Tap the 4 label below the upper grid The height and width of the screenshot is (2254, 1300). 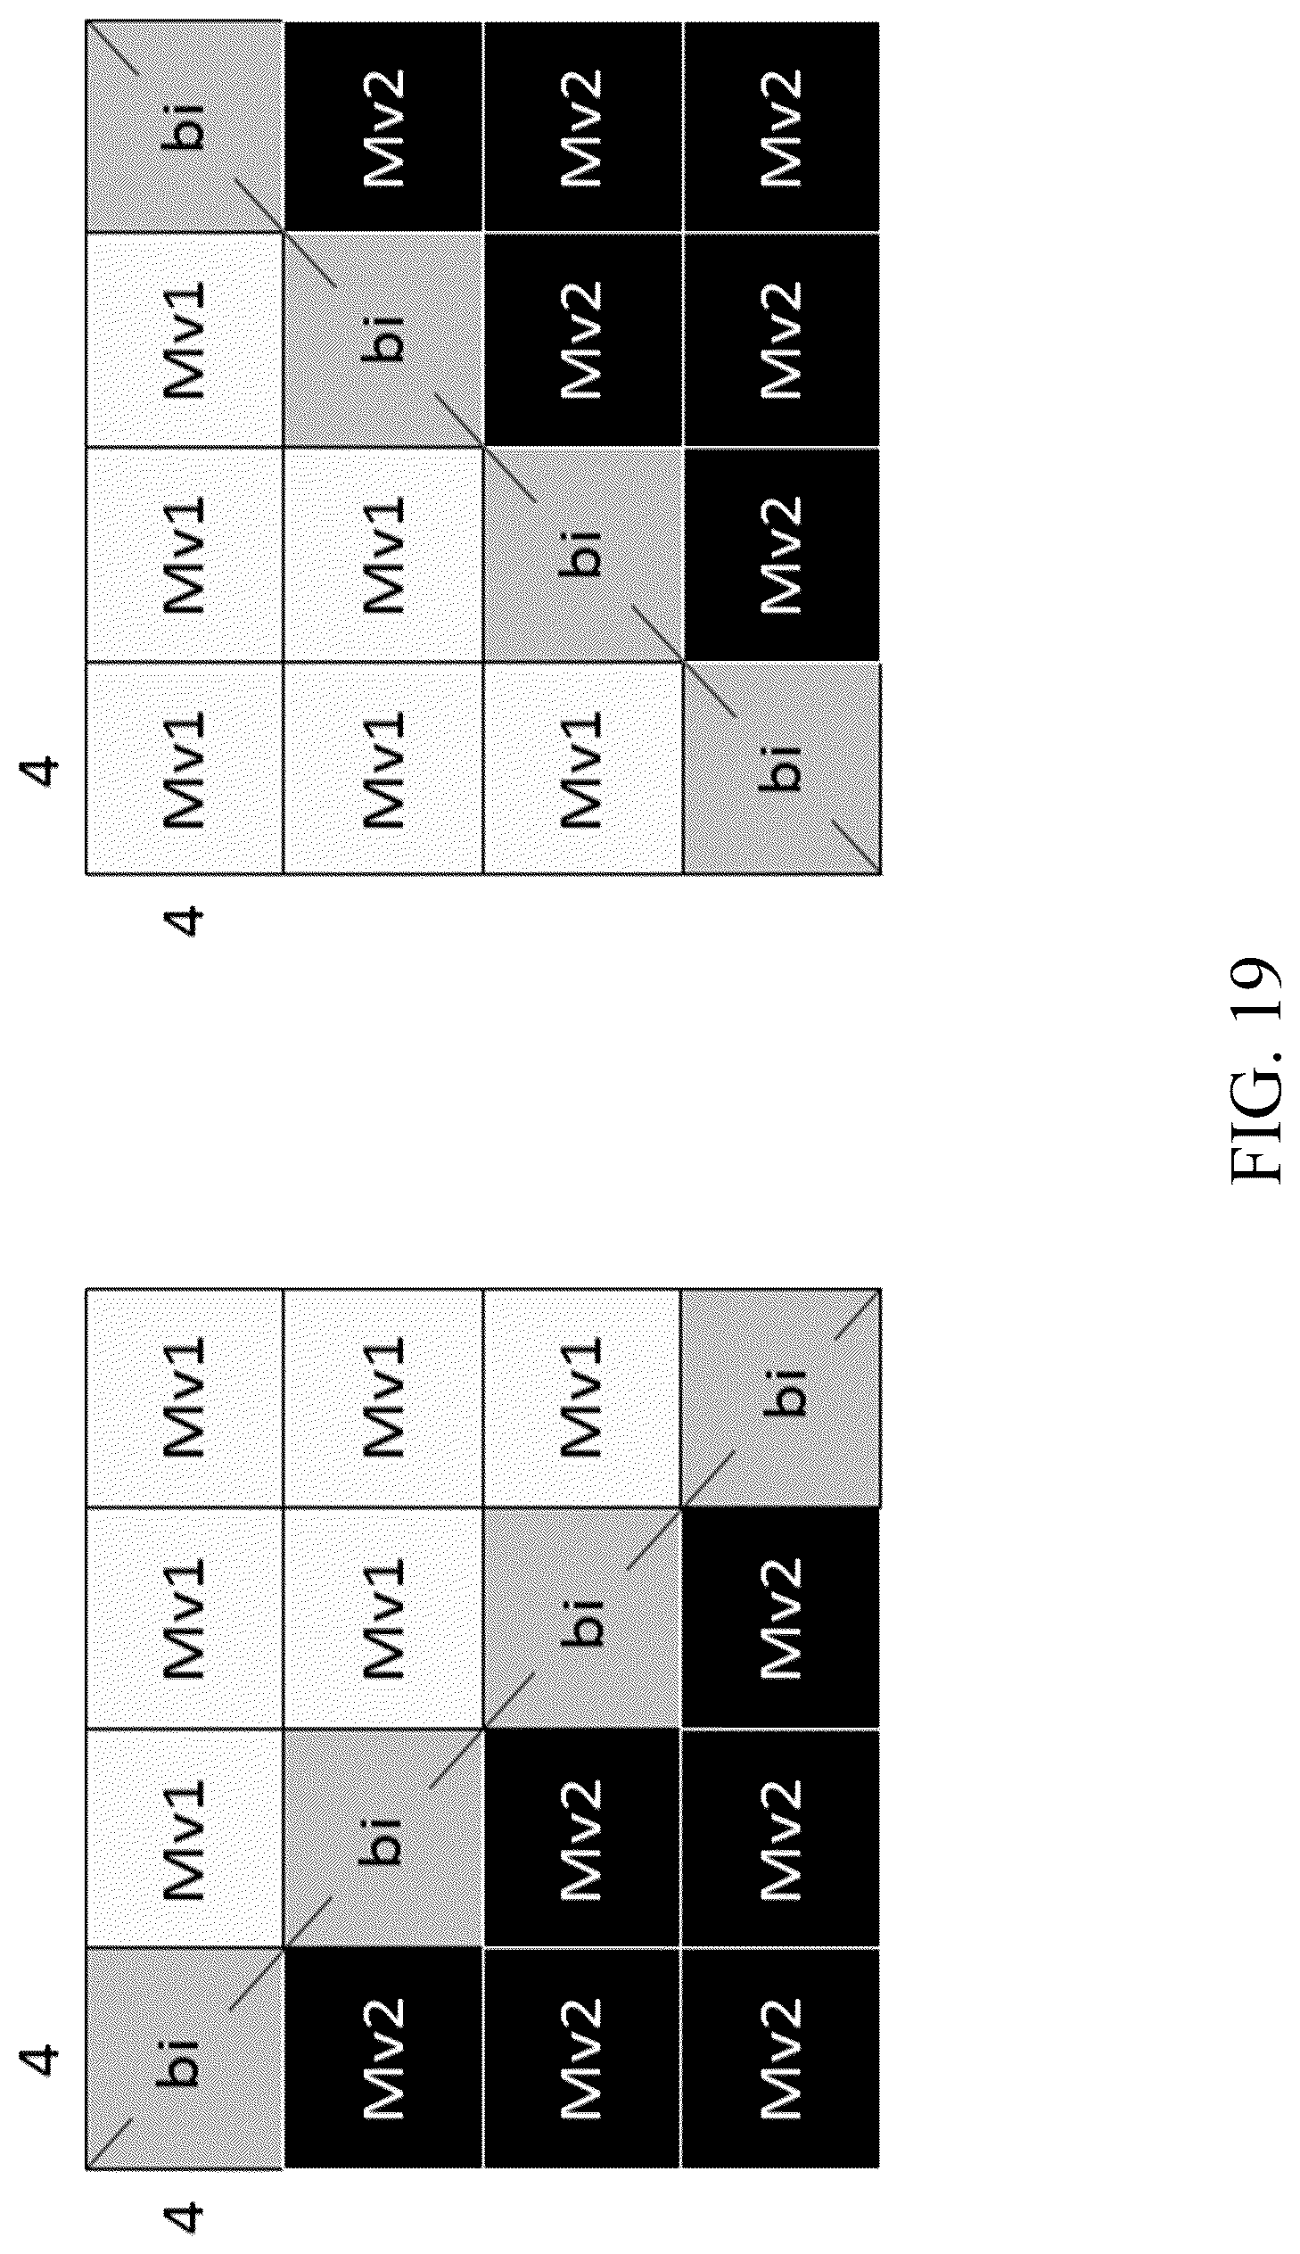pyautogui.click(x=184, y=920)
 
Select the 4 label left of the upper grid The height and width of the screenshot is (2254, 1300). pyautogui.click(x=41, y=769)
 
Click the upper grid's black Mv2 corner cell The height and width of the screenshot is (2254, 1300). pyautogui.click(x=781, y=125)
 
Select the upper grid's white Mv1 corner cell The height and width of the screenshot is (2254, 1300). pyautogui.click(x=184, y=767)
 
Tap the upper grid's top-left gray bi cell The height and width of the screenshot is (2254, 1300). pyautogui.click(x=184, y=125)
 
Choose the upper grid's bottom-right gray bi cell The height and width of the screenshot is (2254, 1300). pyautogui.click(x=781, y=767)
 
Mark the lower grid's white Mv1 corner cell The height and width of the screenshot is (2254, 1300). pyautogui.click(x=184, y=1399)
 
